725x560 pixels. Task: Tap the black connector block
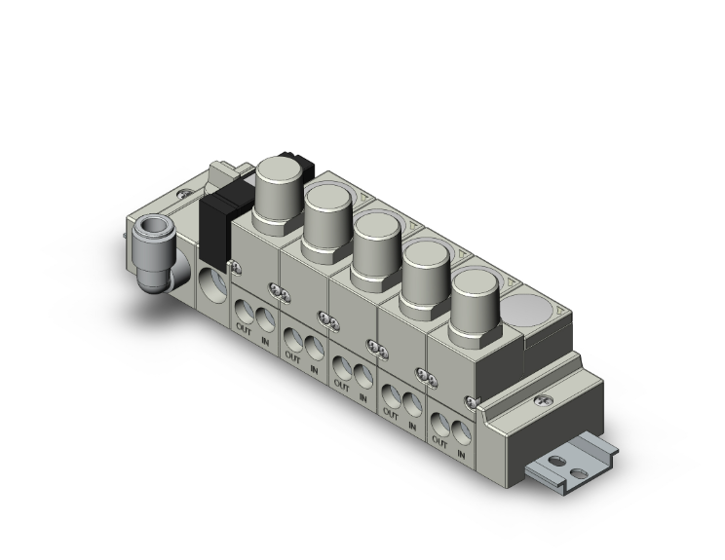[x=215, y=220]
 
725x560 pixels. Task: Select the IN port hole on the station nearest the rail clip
[x=463, y=427]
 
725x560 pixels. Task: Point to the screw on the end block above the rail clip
[x=473, y=402]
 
